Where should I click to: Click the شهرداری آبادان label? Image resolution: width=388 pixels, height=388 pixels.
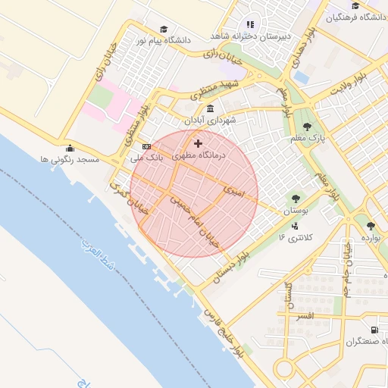(x=215, y=120)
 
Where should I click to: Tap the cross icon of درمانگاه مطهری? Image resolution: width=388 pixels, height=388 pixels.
(x=199, y=143)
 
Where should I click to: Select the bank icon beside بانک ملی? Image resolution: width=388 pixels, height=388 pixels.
(x=146, y=146)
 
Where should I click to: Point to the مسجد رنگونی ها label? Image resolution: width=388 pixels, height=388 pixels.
(x=70, y=160)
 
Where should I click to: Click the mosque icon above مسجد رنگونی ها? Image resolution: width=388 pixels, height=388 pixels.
(x=70, y=149)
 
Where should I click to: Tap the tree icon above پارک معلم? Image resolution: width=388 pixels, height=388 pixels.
(x=306, y=127)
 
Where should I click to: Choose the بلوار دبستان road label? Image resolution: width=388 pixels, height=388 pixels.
(x=231, y=267)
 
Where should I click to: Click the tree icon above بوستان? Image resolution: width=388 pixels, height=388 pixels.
(x=295, y=199)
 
